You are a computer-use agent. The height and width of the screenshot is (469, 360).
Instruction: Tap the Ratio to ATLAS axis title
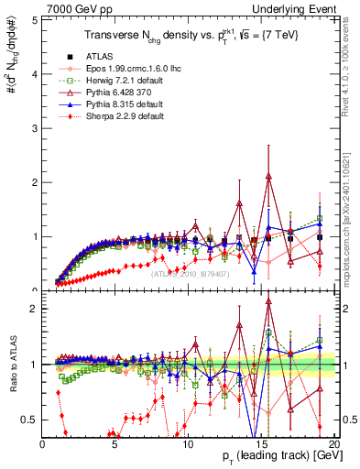[12, 365]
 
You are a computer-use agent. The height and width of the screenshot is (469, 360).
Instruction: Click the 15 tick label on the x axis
[263, 444]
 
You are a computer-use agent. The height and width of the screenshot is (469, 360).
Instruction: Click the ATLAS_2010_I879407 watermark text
[189, 273]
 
